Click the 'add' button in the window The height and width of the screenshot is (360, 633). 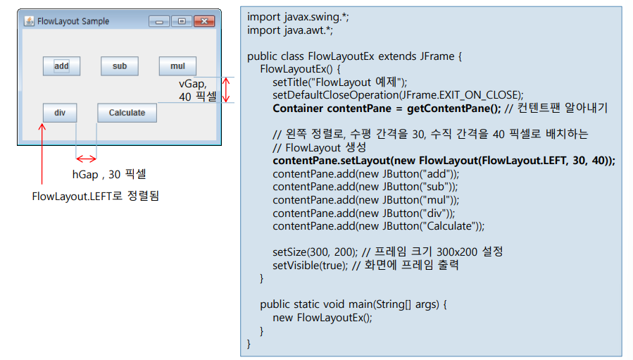(x=61, y=66)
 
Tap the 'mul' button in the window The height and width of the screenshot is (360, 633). (x=177, y=66)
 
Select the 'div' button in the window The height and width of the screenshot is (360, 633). (x=60, y=113)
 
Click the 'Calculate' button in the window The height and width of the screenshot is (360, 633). (x=127, y=113)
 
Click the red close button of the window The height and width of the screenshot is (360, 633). (x=203, y=21)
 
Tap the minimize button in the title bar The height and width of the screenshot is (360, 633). (x=159, y=21)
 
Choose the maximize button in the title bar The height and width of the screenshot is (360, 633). (x=182, y=21)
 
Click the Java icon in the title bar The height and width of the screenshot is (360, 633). (x=29, y=21)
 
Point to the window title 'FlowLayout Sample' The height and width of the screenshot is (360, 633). (x=73, y=21)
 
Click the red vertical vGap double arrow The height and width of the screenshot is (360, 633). (x=226, y=90)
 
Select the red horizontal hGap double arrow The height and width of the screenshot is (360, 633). (x=86, y=158)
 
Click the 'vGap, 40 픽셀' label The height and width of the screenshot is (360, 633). (x=196, y=90)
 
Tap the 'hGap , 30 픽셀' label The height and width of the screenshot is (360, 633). (x=109, y=174)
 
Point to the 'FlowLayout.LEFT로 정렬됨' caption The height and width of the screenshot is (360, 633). (x=96, y=196)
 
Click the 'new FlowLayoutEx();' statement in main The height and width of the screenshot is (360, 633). (x=322, y=317)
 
